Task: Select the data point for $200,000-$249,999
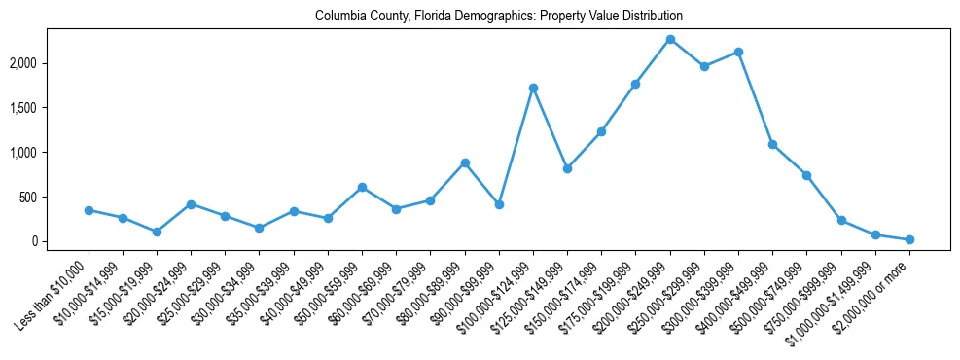click(670, 39)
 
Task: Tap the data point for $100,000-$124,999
click(533, 88)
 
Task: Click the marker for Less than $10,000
click(89, 210)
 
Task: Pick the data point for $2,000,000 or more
click(909, 239)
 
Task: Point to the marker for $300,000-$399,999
click(738, 52)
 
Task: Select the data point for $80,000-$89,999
click(465, 162)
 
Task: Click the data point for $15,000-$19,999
click(157, 232)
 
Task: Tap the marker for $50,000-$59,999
click(362, 187)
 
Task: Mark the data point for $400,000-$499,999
click(772, 144)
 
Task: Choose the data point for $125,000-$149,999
click(567, 168)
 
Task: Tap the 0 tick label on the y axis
click(61, 241)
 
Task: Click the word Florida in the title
click(429, 17)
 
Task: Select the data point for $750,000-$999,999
click(841, 220)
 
